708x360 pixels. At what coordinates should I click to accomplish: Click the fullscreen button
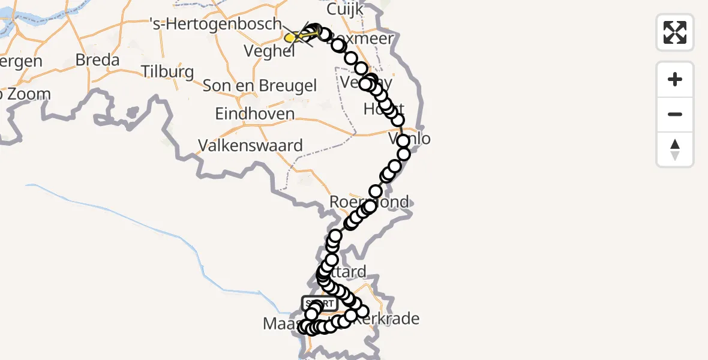click(x=675, y=32)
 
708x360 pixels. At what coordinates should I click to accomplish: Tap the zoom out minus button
click(x=675, y=114)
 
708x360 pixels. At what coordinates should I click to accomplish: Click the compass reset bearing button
click(x=675, y=149)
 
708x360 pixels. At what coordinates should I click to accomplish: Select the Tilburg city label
click(x=167, y=72)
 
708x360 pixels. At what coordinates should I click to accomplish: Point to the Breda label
click(x=97, y=60)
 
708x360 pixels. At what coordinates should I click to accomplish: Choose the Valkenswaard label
click(x=251, y=145)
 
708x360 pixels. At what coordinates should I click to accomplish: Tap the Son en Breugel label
click(x=259, y=86)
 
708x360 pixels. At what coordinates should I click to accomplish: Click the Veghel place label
click(x=269, y=51)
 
